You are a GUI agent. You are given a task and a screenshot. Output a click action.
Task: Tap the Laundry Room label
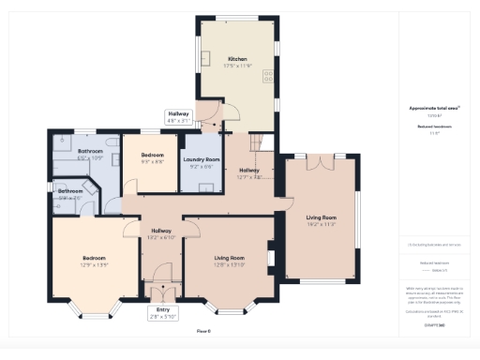(x=204, y=162)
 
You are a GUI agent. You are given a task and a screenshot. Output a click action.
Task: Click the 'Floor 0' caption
(x=202, y=331)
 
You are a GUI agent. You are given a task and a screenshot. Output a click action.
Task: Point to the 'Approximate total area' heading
(x=433, y=109)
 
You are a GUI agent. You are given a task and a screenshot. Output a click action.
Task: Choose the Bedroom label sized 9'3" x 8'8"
(x=152, y=155)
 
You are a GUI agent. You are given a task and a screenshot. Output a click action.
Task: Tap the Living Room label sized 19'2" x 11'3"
(x=321, y=218)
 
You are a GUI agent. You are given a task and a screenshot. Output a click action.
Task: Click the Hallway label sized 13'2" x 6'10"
(x=160, y=232)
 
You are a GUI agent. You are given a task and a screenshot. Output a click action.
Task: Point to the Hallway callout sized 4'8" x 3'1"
(x=178, y=117)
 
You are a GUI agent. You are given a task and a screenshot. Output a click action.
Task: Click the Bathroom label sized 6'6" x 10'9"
(x=90, y=151)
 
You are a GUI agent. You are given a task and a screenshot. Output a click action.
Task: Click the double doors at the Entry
(x=163, y=290)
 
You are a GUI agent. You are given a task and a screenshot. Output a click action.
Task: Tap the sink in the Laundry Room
(x=206, y=185)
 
